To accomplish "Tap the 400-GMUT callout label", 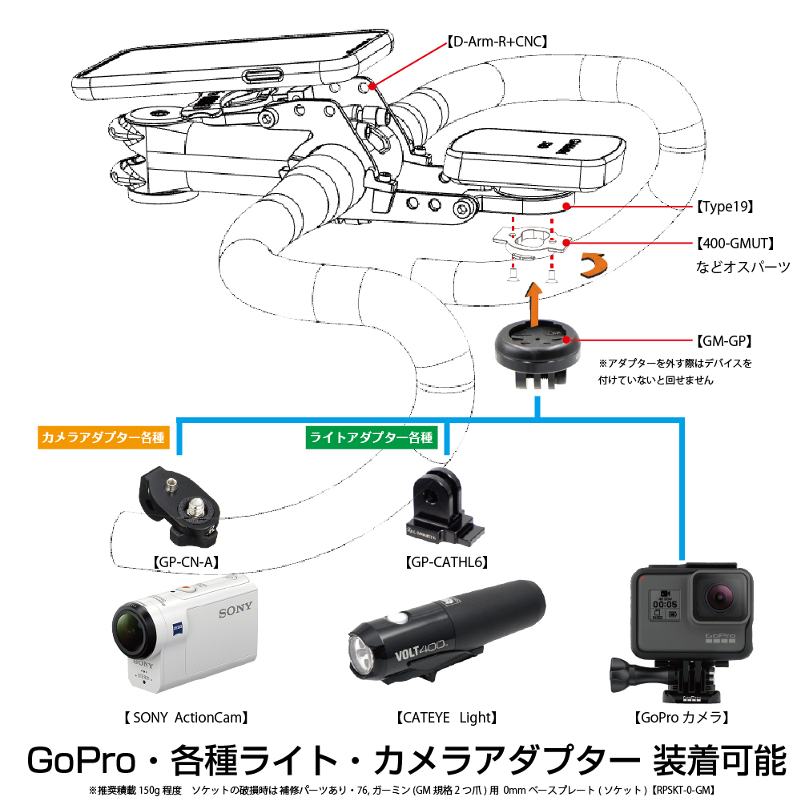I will tap(731, 242).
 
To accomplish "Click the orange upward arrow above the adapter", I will tap(531, 302).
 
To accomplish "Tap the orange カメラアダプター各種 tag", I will tap(102, 438).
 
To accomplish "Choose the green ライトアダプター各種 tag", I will tap(371, 437).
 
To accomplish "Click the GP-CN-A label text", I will tap(186, 561).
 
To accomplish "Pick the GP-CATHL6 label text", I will tap(447, 561).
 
